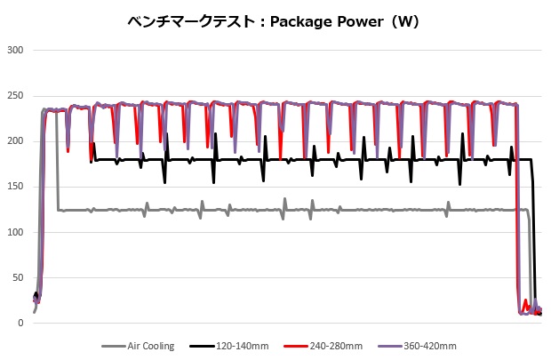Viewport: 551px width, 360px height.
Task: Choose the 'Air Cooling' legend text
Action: (x=150, y=347)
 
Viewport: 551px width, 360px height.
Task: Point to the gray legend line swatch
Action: (x=113, y=347)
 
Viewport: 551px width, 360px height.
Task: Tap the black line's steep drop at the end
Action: (x=535, y=240)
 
